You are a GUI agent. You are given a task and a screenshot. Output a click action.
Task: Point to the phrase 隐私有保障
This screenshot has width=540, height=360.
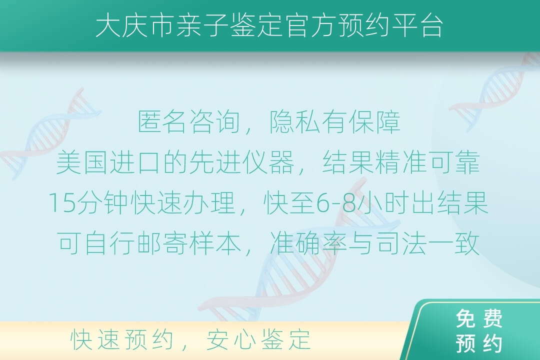[x=334, y=122]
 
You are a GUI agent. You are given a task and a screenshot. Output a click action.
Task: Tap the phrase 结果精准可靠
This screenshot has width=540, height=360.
[x=401, y=162]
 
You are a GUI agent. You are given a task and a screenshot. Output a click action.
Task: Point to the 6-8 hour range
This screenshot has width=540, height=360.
[x=335, y=203]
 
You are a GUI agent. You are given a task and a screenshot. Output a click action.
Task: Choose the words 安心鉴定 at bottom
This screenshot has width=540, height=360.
[x=258, y=339]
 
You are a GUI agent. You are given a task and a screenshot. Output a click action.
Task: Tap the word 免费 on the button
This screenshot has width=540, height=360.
[x=479, y=318]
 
